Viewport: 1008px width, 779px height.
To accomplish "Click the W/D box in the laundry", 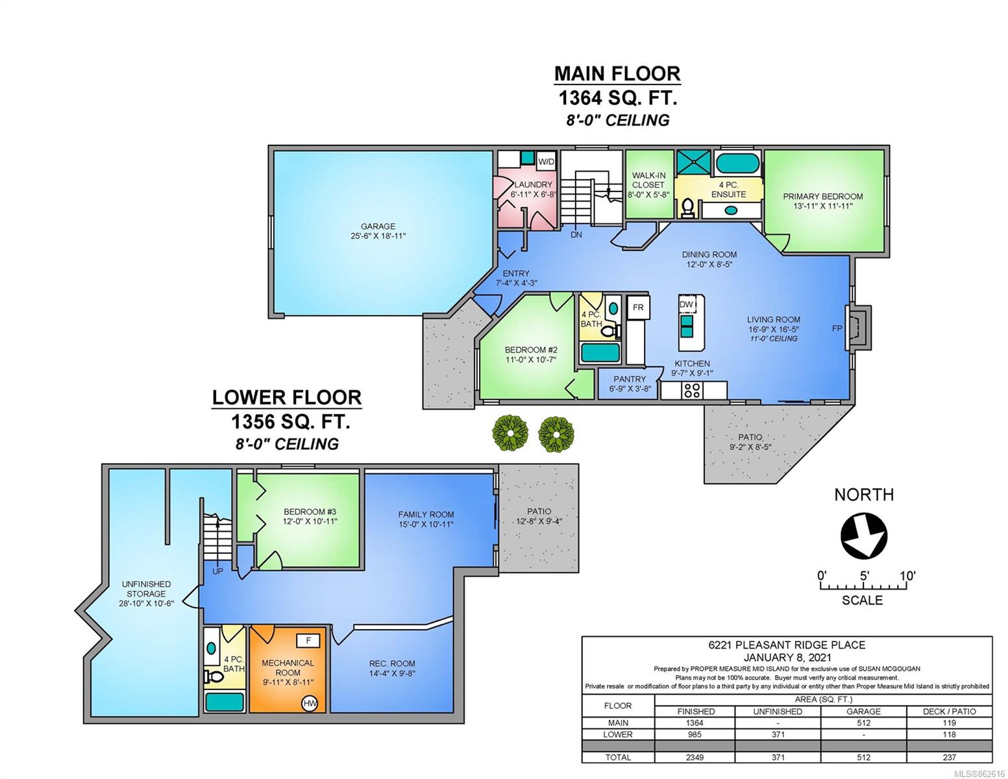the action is click(x=546, y=162).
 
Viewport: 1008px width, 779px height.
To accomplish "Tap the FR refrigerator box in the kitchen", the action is click(x=638, y=307).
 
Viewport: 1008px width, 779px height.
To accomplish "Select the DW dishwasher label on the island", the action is click(x=685, y=304).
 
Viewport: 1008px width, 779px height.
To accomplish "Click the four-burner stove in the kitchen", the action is click(x=692, y=390).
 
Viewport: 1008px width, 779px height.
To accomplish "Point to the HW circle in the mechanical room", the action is click(x=310, y=704).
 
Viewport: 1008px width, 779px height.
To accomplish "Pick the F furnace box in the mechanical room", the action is click(x=308, y=641).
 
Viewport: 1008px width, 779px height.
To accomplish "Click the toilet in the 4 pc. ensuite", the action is click(x=688, y=208).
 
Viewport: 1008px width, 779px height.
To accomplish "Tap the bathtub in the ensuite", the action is click(x=737, y=163).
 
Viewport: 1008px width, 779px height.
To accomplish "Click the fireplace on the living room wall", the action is click(x=857, y=328).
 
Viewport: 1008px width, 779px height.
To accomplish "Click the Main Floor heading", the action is click(x=617, y=74).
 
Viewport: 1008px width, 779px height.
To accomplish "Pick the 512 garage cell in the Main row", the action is click(x=863, y=723).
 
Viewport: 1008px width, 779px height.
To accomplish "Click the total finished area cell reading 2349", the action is click(x=695, y=758).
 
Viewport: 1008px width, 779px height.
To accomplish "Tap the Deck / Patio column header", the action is click(x=949, y=711).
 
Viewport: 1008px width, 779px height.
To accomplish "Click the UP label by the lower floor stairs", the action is click(x=217, y=572).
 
